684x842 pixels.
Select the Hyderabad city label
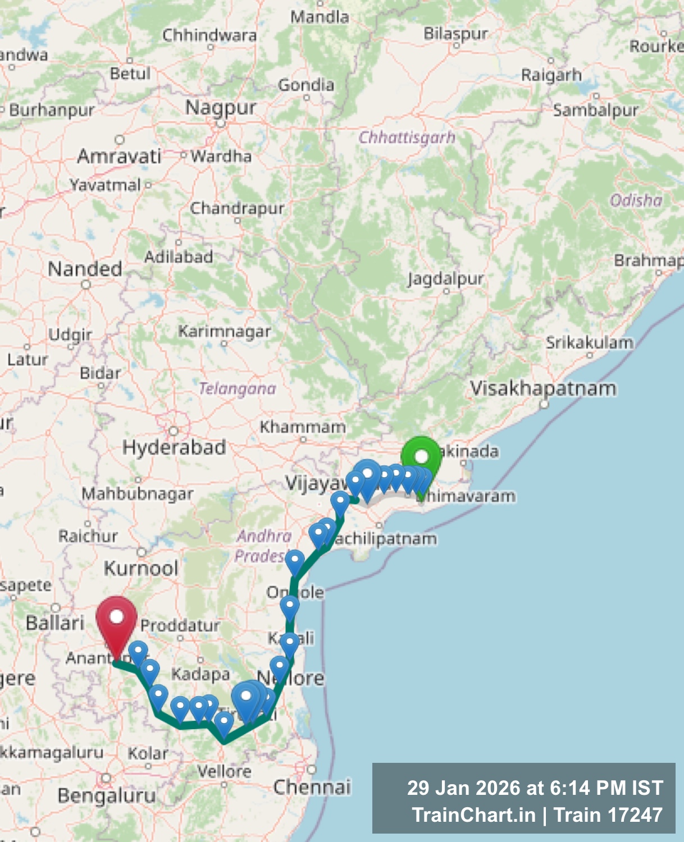(x=174, y=447)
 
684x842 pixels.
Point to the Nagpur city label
(x=221, y=107)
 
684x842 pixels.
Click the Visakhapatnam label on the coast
(x=543, y=388)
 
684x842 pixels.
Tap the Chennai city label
(x=312, y=787)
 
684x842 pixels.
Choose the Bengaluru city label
(x=107, y=795)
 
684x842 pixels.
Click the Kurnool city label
(x=141, y=568)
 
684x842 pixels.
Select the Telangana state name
(x=238, y=388)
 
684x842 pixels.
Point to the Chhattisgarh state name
(x=407, y=137)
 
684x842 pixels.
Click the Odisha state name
(x=636, y=200)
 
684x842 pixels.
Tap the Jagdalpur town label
(x=445, y=278)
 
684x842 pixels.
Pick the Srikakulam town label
(x=590, y=342)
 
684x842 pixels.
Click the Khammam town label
(x=303, y=427)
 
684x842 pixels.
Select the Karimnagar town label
(x=225, y=331)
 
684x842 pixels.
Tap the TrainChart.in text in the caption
(x=473, y=814)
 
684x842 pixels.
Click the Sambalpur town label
(x=596, y=110)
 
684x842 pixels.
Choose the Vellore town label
(x=224, y=771)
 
